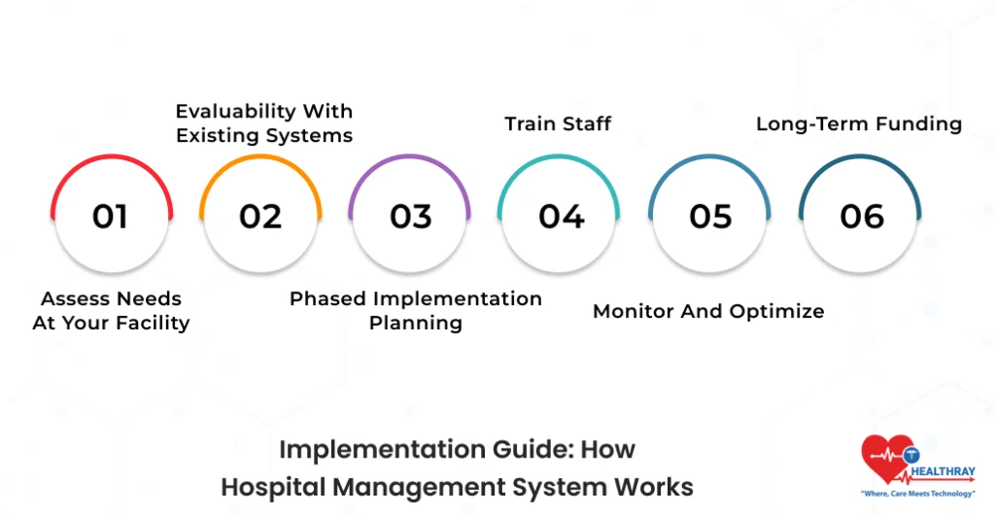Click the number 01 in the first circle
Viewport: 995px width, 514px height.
click(110, 216)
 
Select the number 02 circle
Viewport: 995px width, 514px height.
click(260, 216)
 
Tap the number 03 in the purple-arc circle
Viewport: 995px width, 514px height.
click(410, 216)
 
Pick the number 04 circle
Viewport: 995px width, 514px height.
click(561, 216)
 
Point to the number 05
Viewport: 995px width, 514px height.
click(710, 216)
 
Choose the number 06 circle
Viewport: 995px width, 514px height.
click(861, 216)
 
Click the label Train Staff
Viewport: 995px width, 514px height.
click(558, 123)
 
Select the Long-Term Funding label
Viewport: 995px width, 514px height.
click(859, 123)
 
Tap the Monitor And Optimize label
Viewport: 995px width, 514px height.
click(708, 311)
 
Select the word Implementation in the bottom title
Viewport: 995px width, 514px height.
click(367, 449)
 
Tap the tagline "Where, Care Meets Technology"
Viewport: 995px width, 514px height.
click(918, 495)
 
